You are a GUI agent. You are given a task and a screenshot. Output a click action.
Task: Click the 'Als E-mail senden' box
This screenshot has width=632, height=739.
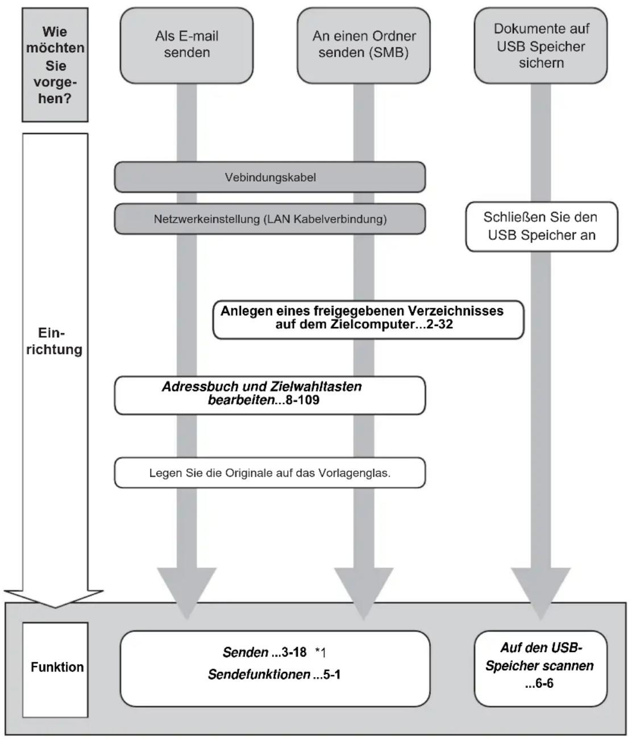[x=186, y=45]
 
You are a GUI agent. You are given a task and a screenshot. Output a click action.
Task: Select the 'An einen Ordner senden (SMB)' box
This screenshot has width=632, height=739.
[x=363, y=45]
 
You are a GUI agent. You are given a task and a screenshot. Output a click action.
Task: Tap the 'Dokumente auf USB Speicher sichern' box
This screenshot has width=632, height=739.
[x=540, y=45]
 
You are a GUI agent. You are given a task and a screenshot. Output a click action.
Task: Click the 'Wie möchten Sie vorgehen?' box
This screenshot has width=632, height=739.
[x=55, y=65]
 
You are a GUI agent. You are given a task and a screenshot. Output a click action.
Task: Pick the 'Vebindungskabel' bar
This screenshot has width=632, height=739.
[x=270, y=177]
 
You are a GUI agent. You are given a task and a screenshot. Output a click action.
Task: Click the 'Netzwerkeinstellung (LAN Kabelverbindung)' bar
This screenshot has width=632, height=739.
[x=270, y=219]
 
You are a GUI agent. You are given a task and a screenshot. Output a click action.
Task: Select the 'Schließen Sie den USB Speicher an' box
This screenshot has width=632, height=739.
[x=541, y=227]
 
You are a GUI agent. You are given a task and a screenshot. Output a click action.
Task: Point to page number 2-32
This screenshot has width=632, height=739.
[x=439, y=324]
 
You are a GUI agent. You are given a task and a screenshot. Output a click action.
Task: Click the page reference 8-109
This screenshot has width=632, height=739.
[x=302, y=400]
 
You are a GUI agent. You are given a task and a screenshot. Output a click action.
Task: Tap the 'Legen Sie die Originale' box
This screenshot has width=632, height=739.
[x=270, y=473]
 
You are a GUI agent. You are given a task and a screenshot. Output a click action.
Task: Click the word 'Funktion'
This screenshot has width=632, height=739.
[x=57, y=667]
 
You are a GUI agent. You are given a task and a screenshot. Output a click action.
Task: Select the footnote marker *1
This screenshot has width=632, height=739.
[x=321, y=653]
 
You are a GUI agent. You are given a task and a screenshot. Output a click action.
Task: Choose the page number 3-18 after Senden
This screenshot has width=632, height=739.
[x=294, y=652]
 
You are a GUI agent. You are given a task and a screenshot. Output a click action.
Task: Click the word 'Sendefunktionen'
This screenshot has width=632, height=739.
[x=259, y=674]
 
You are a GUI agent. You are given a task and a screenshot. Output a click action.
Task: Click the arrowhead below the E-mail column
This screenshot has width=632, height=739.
[x=187, y=593]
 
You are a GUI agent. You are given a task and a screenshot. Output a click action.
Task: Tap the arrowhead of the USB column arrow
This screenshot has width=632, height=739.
[x=540, y=593]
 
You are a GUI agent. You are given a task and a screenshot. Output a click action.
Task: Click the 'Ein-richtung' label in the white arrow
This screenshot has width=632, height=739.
[x=55, y=341]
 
